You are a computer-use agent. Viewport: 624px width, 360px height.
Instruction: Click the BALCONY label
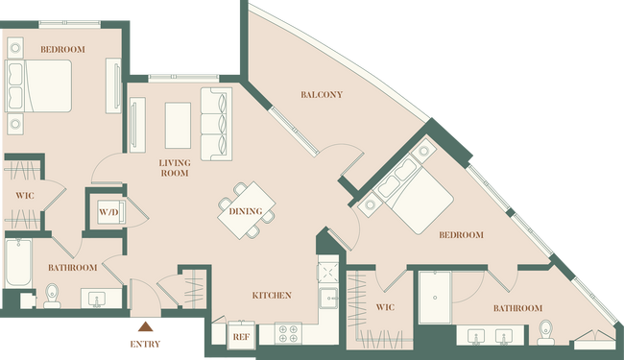click(x=322, y=95)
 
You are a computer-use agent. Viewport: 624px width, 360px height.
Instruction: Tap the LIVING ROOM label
click(x=175, y=169)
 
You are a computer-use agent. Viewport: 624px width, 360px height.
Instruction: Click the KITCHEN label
click(x=272, y=295)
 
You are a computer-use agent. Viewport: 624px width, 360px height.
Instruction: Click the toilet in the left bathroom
click(x=53, y=295)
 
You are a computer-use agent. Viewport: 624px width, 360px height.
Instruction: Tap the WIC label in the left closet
click(x=23, y=197)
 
